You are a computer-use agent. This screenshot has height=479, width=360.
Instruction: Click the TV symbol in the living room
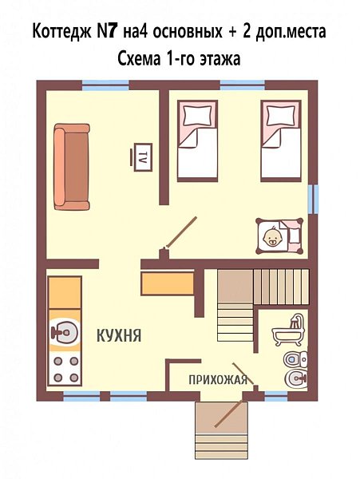(141, 157)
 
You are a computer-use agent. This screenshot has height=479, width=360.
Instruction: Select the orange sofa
(72, 167)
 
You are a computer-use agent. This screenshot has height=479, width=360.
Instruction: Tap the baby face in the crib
(272, 237)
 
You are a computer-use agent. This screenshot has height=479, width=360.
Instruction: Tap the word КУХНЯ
(119, 335)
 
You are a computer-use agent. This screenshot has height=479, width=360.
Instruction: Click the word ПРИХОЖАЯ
(218, 380)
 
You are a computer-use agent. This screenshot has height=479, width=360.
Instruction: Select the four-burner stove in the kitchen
(65, 370)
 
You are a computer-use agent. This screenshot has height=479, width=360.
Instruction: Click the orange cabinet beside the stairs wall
(168, 283)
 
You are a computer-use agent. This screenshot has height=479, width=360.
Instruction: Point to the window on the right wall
(313, 199)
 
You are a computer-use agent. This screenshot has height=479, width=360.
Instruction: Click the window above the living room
(105, 85)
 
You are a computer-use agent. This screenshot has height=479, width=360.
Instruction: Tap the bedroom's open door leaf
(181, 232)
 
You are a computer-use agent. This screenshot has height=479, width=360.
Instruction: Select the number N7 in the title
(107, 32)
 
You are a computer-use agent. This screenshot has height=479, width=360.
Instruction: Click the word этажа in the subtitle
(220, 59)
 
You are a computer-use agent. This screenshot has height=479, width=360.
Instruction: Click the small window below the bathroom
(276, 396)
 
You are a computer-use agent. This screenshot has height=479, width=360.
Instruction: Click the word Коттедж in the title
(62, 32)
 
